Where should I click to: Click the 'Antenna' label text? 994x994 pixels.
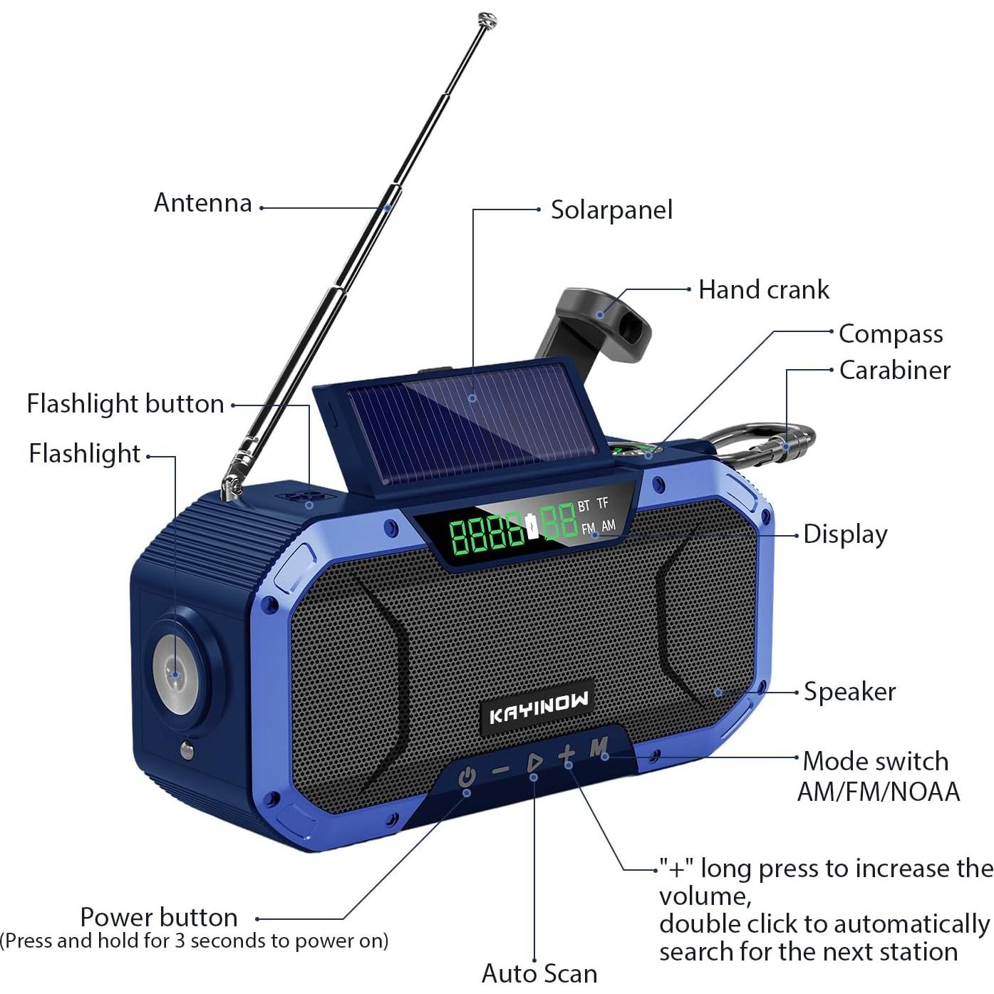203,203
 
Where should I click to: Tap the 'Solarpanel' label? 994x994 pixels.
611,210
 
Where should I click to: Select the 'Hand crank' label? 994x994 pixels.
764,290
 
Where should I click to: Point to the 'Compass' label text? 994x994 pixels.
891,333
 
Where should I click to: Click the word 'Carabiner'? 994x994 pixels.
894,371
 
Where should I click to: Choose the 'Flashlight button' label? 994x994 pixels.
125,404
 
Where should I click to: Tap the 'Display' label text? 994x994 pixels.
845,534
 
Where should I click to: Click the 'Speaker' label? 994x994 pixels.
849,692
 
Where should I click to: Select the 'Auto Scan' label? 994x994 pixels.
539,973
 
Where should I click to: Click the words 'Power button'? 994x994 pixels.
159,917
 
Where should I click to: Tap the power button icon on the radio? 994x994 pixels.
467,776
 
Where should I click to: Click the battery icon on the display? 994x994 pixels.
532,525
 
